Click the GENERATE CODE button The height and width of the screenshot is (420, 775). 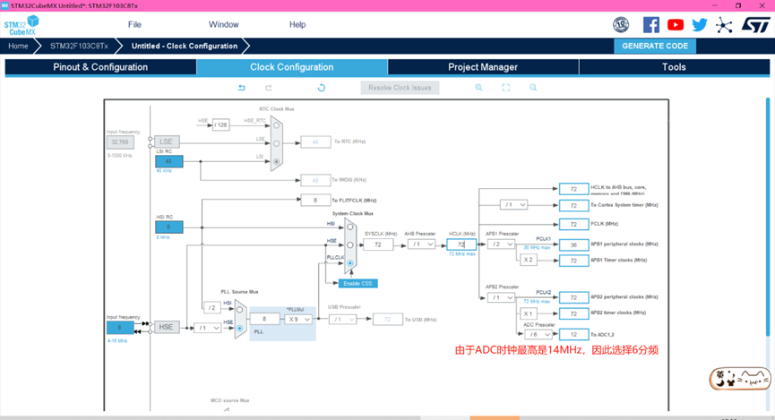pyautogui.click(x=655, y=46)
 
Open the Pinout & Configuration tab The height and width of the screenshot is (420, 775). pyautogui.click(x=100, y=67)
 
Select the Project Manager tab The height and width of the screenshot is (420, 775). pyautogui.click(x=483, y=67)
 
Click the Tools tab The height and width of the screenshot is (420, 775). pyautogui.click(x=674, y=67)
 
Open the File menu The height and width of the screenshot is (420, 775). pyautogui.click(x=134, y=24)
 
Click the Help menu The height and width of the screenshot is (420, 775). pyautogui.click(x=297, y=24)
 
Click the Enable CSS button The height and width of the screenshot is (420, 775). pyautogui.click(x=357, y=283)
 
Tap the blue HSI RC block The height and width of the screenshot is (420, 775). pyautogui.click(x=168, y=227)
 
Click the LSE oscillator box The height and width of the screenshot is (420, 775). pyautogui.click(x=166, y=141)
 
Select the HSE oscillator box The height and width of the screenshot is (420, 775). pyautogui.click(x=166, y=328)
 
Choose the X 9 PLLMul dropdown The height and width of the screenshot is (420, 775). pyautogui.click(x=298, y=319)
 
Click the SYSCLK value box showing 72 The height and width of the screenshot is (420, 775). pyautogui.click(x=378, y=244)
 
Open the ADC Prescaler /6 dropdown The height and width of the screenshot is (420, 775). pyautogui.click(x=538, y=334)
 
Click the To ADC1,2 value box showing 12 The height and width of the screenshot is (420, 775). pyautogui.click(x=573, y=334)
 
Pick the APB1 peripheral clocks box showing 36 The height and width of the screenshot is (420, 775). pyautogui.click(x=573, y=244)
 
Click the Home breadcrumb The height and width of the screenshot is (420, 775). pyautogui.click(x=18, y=46)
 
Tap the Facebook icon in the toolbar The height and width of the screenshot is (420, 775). pyautogui.click(x=651, y=25)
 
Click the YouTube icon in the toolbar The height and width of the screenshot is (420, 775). pyautogui.click(x=676, y=25)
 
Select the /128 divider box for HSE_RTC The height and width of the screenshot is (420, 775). pyautogui.click(x=221, y=124)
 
